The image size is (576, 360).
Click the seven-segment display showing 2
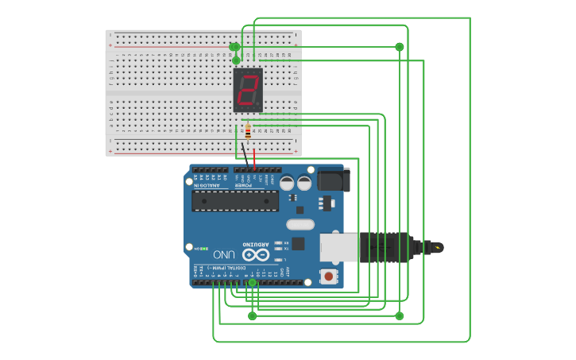(x=248, y=90)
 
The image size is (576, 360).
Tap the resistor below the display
(x=248, y=132)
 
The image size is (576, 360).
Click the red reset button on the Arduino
(x=327, y=276)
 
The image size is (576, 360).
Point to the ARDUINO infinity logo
(x=255, y=254)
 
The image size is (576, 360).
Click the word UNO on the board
(x=224, y=254)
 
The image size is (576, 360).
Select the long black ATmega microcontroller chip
(x=235, y=200)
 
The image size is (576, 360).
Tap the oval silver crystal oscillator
(x=300, y=224)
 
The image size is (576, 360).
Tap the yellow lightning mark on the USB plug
(x=435, y=247)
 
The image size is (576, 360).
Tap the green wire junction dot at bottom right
(x=400, y=315)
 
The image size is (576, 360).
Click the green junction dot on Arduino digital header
(x=253, y=282)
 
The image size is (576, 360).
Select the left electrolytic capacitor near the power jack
(x=287, y=184)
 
